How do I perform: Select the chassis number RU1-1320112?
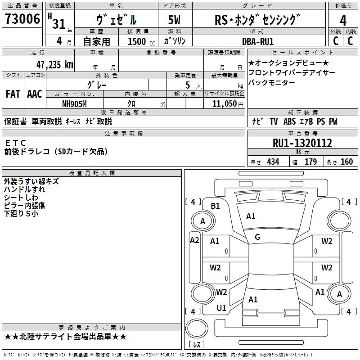(302, 144)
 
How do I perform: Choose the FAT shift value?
(13, 94)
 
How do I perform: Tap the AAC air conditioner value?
(35, 94)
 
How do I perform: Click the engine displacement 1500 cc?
(137, 41)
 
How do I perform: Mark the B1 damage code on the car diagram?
(216, 206)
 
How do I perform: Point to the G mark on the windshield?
(257, 237)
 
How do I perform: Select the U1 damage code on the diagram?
(221, 308)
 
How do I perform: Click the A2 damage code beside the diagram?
(194, 240)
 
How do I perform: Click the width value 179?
(310, 162)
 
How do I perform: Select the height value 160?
(346, 162)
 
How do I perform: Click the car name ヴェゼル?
(117, 20)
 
